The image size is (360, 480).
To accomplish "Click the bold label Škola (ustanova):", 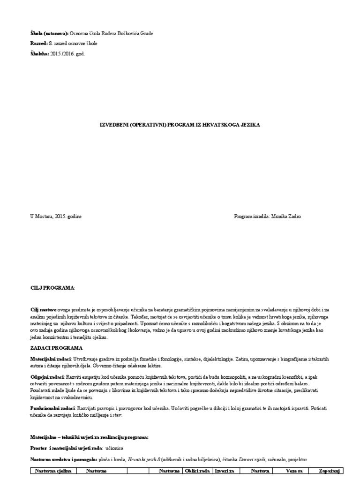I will (x=49, y=33).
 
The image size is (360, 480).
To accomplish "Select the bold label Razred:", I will (x=39, y=44).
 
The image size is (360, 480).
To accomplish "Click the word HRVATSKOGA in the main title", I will (x=206, y=125).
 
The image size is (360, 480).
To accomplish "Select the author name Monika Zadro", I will (x=287, y=217).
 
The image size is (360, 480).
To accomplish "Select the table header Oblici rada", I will (x=196, y=471).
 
